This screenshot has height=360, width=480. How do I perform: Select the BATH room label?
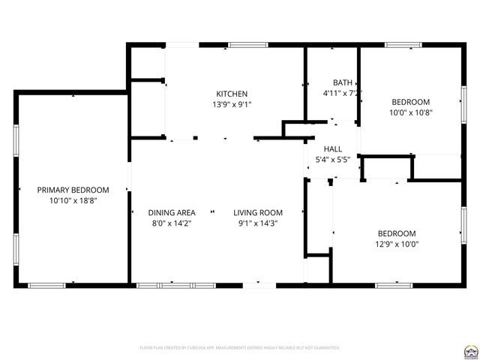pos(342,82)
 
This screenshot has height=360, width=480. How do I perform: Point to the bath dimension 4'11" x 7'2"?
pos(342,94)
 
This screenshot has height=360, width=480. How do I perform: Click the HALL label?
pos(333,148)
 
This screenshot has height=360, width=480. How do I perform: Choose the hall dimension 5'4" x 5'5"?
pos(333,159)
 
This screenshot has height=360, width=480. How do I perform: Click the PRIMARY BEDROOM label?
pos(73,190)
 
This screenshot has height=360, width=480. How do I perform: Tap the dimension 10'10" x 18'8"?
pos(73,201)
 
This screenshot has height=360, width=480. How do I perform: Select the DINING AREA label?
pos(172,212)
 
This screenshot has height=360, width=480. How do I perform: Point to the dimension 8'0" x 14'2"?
pos(172,223)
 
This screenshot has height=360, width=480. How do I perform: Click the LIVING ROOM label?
pos(257,212)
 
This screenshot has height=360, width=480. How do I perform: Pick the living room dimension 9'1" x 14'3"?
pos(257,223)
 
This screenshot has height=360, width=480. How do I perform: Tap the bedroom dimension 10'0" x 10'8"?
pos(411,112)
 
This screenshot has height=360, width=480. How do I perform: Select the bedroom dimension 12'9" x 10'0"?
pos(397,244)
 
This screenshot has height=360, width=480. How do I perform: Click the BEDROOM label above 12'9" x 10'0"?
pos(397,232)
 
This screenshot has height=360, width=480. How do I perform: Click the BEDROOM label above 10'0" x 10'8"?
pos(411,102)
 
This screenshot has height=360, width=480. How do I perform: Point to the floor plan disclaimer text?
pos(240,348)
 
